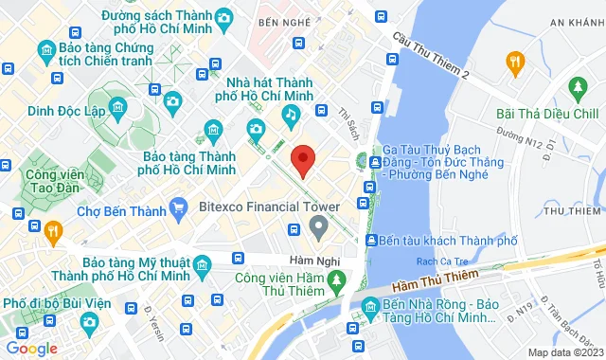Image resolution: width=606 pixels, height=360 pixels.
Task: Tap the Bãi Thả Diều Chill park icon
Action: coord(578,88)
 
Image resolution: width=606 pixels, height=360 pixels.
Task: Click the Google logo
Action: coord(31,349)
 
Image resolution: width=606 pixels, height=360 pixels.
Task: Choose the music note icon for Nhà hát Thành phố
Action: coord(292,115)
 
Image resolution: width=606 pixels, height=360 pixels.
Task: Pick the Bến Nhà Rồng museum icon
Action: coord(368,307)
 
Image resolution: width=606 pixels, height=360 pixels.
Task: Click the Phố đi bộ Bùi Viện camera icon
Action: coord(89,322)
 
